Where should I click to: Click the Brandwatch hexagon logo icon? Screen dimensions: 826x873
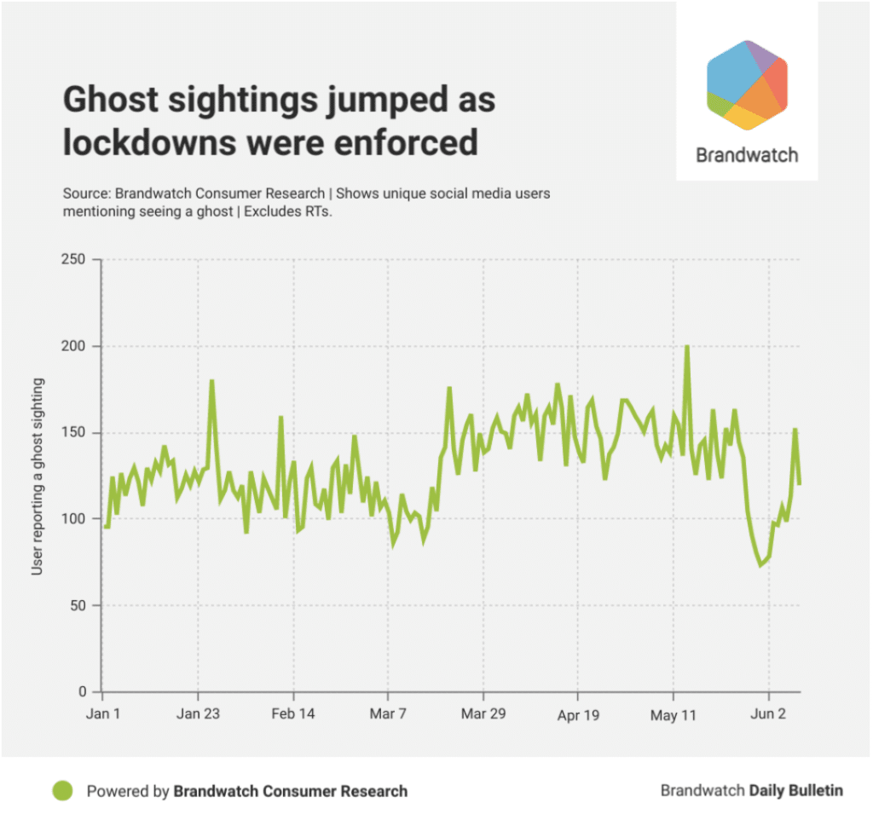[x=747, y=85]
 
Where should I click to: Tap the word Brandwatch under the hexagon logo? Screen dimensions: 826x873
[x=747, y=155]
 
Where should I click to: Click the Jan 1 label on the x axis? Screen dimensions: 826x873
[x=103, y=714]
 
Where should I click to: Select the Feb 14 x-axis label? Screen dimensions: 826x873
[x=293, y=714]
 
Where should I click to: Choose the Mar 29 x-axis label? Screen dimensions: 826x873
[x=483, y=714]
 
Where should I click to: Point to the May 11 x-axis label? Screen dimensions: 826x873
[x=674, y=714]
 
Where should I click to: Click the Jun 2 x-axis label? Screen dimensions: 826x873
[x=769, y=714]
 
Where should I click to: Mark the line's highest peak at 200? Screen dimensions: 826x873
[x=686, y=347]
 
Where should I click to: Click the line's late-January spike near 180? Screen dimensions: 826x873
[x=211, y=381]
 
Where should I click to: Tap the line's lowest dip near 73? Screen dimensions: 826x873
[x=760, y=565]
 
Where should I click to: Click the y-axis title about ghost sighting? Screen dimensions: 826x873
[x=38, y=476]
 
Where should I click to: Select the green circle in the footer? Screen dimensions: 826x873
[x=62, y=790]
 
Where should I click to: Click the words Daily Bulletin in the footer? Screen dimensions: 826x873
[x=795, y=790]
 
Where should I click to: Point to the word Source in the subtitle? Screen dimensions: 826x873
[x=85, y=194]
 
